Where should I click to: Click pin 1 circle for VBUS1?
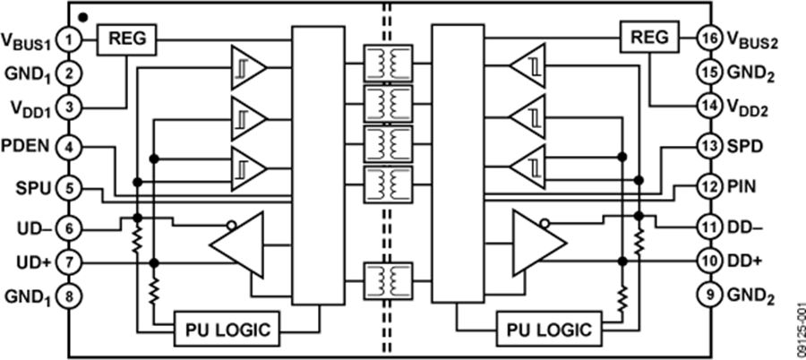(69, 39)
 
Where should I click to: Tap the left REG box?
(126, 39)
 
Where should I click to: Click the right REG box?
(650, 37)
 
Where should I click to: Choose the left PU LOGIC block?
(227, 329)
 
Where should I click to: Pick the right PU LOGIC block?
(549, 329)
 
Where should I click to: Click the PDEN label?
(25, 146)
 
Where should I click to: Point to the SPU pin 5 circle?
(69, 188)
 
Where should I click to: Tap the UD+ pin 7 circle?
(69, 262)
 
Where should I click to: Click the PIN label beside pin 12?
(742, 185)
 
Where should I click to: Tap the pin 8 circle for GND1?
(69, 296)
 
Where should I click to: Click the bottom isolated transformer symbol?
(388, 281)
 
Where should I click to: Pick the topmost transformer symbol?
(388, 63)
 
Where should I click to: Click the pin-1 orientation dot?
(83, 17)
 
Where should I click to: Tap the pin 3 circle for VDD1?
(69, 108)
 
